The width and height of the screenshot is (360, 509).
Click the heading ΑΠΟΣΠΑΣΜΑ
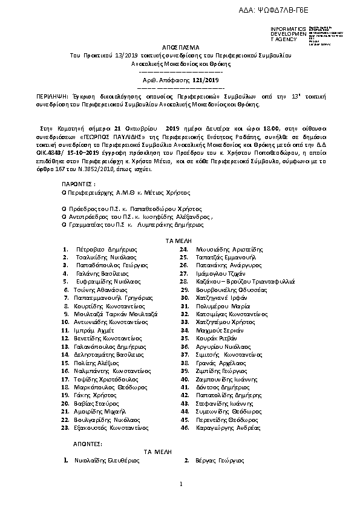(180, 47)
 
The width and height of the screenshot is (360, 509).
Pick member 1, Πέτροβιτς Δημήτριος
(107, 248)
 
